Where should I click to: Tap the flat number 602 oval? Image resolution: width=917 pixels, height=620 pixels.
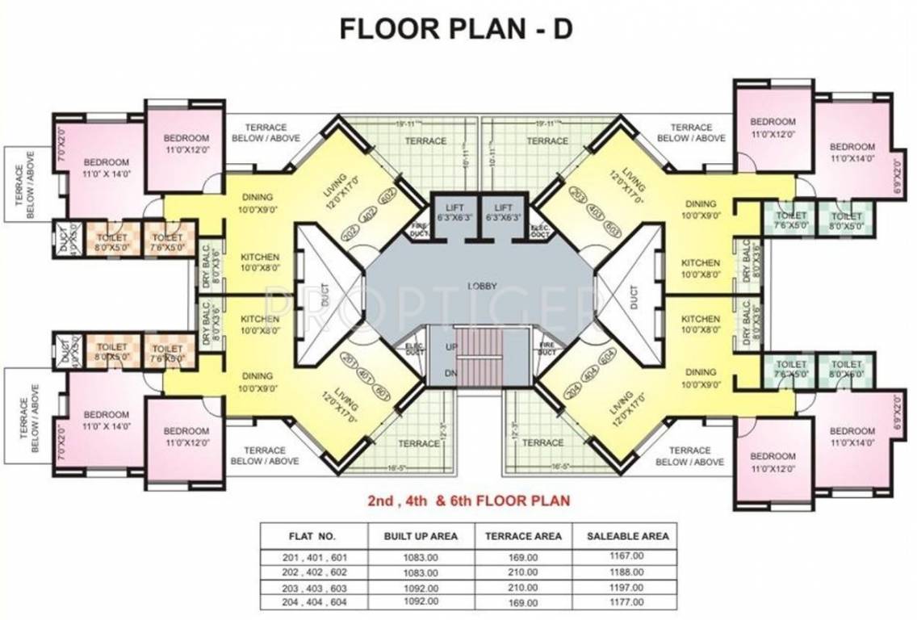[386, 195]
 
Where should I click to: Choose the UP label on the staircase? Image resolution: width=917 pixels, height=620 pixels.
[450, 346]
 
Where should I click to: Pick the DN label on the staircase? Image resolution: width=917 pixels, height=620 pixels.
[450, 373]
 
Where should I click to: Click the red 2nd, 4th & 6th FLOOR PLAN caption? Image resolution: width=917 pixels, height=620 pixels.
[469, 501]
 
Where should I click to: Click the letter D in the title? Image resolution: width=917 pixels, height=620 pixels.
[563, 28]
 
